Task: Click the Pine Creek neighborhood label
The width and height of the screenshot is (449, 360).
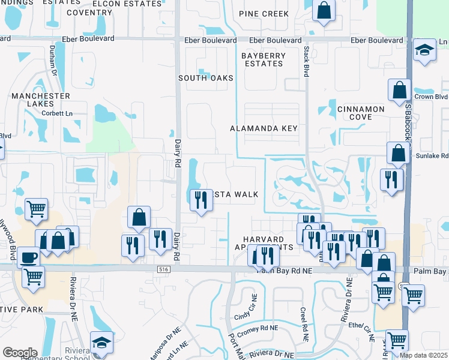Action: [265, 13]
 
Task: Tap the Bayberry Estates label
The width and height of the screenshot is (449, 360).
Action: [264, 59]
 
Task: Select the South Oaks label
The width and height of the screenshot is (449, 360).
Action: [206, 78]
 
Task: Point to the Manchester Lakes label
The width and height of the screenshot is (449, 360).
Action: [41, 100]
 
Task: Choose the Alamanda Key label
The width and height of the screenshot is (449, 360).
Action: [264, 128]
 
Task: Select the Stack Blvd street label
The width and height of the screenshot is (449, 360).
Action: [306, 62]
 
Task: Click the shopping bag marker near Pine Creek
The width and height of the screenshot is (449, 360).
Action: [324, 10]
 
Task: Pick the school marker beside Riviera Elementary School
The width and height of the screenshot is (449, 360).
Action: [101, 343]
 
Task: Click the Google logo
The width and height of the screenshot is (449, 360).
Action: [20, 352]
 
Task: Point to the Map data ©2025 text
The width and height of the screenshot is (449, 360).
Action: [423, 355]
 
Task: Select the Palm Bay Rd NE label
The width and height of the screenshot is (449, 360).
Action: [285, 271]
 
